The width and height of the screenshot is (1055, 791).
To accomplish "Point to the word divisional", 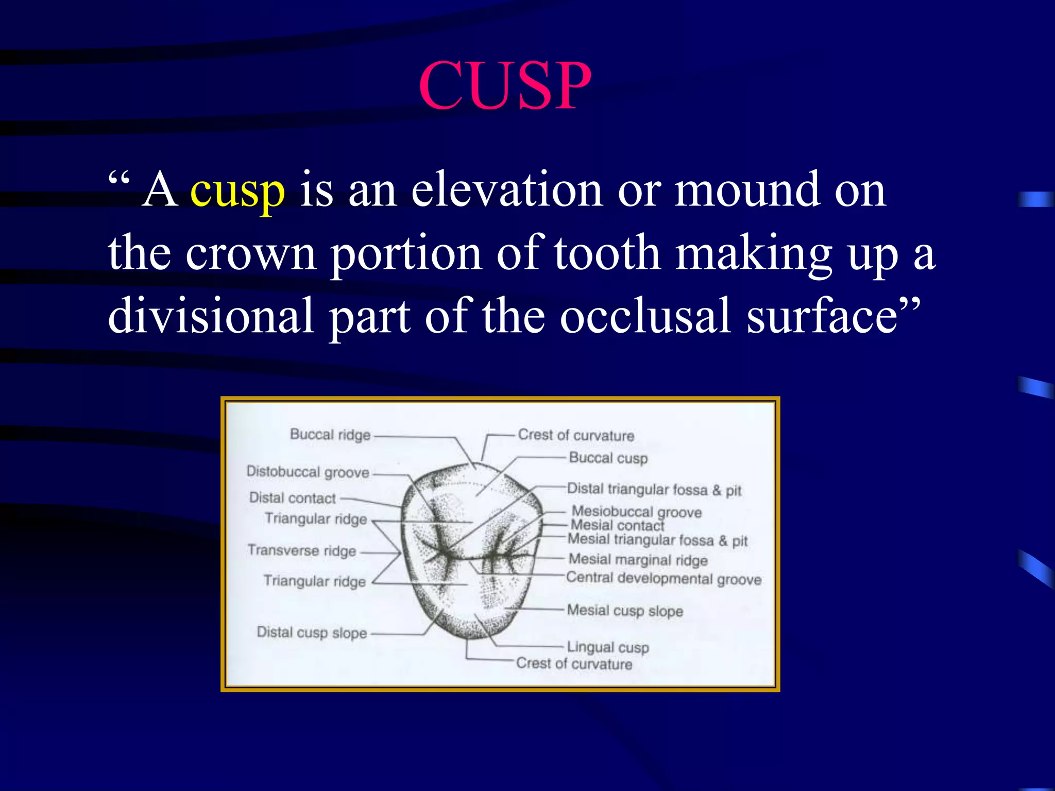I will click(211, 315).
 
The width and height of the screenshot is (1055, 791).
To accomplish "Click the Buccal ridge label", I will click(330, 435).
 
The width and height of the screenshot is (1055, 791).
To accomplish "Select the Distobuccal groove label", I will click(308, 472).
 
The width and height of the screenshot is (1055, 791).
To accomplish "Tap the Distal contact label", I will click(292, 498).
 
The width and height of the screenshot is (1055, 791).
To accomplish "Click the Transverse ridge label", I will click(302, 551).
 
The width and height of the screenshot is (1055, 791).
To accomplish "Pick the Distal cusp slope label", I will click(312, 632).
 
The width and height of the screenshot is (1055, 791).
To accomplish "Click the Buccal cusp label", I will click(608, 458).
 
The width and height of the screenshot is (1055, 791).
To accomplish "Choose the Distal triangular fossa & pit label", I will click(654, 489).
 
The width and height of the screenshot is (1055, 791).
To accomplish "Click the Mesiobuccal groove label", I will click(637, 511).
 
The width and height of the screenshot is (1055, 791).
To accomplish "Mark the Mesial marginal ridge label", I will click(638, 559).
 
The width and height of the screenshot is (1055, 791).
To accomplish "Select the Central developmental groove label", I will click(663, 578).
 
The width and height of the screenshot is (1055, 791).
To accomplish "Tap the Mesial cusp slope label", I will click(625, 611).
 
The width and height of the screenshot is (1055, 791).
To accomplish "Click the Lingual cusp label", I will click(608, 647).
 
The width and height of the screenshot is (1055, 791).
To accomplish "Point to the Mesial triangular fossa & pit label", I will click(657, 540).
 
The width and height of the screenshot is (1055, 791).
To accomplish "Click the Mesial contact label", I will click(617, 525).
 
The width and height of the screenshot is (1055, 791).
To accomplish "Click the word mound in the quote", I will click(746, 190).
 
